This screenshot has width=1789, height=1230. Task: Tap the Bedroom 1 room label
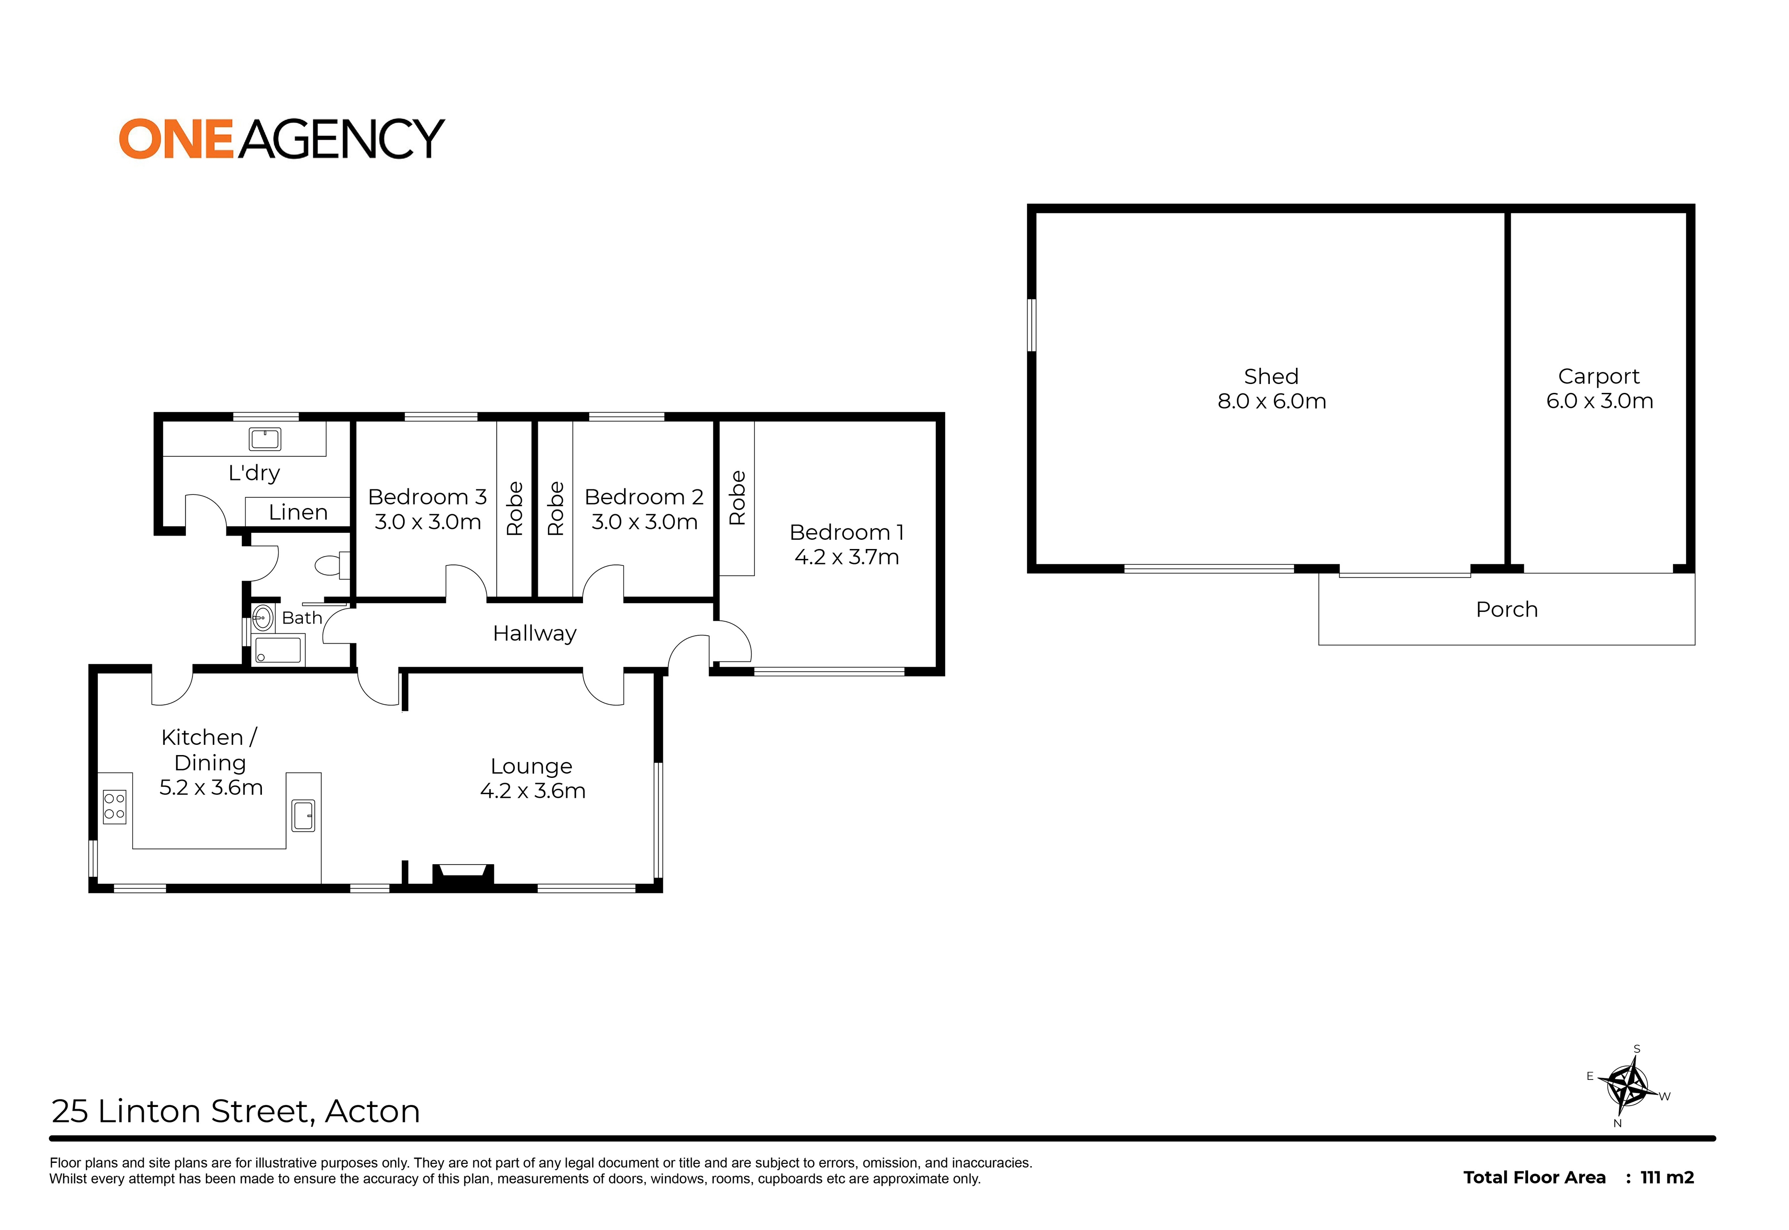pos(847,533)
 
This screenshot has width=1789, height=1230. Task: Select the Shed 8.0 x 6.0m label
pos(1271,388)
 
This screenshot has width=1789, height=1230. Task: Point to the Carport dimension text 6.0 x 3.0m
pos(1599,401)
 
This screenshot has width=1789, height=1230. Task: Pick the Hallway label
pos(535,633)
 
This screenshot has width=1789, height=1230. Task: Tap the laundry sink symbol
pos(265,439)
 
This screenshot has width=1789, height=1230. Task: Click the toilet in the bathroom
pos(333,565)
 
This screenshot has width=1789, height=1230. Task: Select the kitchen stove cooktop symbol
pos(115,806)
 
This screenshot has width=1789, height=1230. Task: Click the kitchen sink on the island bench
pos(303,815)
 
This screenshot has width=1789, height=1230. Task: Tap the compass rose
pos(1628,1086)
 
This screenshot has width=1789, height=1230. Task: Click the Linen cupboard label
pos(298,513)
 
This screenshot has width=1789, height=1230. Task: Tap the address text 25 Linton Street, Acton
pos(236,1111)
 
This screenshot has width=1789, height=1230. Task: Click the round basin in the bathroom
pos(263,618)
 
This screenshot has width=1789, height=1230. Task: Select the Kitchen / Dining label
pos(210,750)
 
